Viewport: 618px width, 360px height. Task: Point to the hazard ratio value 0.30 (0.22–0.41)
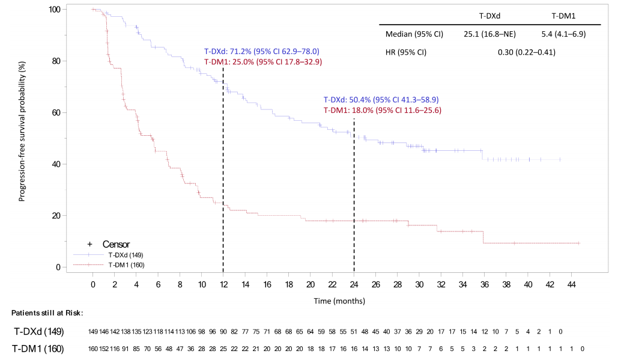(526, 52)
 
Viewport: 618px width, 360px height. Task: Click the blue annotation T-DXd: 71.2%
(261, 52)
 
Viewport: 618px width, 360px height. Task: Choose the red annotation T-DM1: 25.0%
(263, 61)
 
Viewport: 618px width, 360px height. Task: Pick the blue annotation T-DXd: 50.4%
(381, 100)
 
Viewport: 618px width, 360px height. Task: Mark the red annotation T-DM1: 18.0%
(383, 110)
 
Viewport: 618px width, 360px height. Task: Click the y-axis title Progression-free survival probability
(22, 130)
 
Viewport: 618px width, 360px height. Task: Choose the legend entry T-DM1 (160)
(126, 264)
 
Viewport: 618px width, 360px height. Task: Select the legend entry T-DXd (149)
(126, 255)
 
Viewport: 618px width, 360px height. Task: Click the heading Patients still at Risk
(47, 313)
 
